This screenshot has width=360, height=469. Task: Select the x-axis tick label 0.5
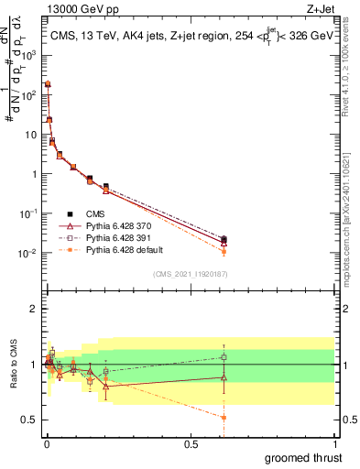pyautogui.click(x=190, y=443)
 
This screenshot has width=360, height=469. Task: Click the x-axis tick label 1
pyautogui.click(x=334, y=443)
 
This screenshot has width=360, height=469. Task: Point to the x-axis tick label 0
pyautogui.click(x=46, y=443)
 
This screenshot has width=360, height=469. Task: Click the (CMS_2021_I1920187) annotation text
pyautogui.click(x=191, y=272)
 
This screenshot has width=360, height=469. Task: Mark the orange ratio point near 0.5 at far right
pyautogui.click(x=224, y=417)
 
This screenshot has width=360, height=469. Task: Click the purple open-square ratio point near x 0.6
pyautogui.click(x=224, y=357)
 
